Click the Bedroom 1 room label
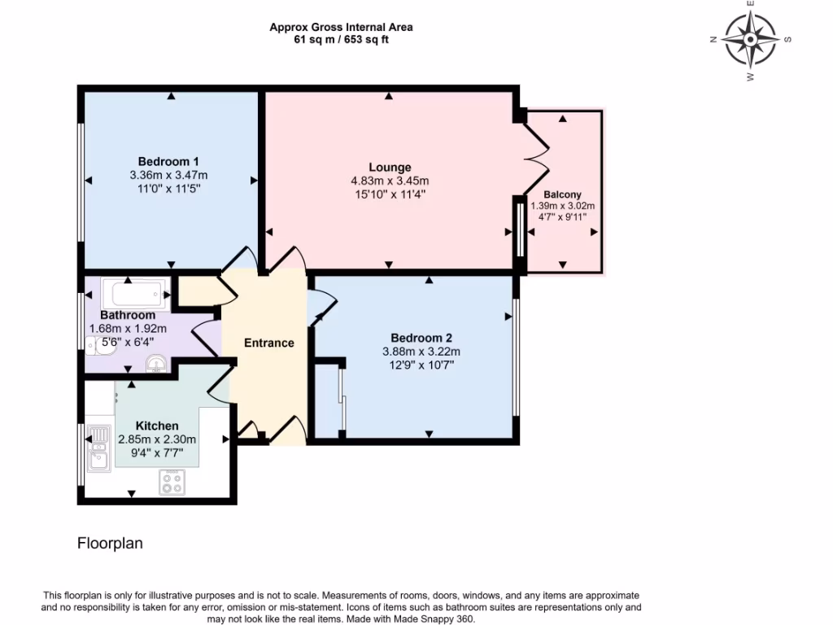click(168, 161)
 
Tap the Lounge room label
click(389, 168)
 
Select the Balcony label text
click(562, 194)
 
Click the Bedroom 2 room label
click(421, 339)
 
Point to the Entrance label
click(269, 343)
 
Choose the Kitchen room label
click(157, 426)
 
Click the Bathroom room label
click(128, 315)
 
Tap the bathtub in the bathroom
click(137, 292)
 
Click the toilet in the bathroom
click(101, 347)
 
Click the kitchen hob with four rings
click(172, 483)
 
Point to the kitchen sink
click(98, 450)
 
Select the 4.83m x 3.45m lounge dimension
click(389, 181)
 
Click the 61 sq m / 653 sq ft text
click(341, 39)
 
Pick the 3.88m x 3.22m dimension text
click(421, 352)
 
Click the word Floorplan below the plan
click(110, 544)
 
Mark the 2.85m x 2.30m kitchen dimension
click(157, 439)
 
